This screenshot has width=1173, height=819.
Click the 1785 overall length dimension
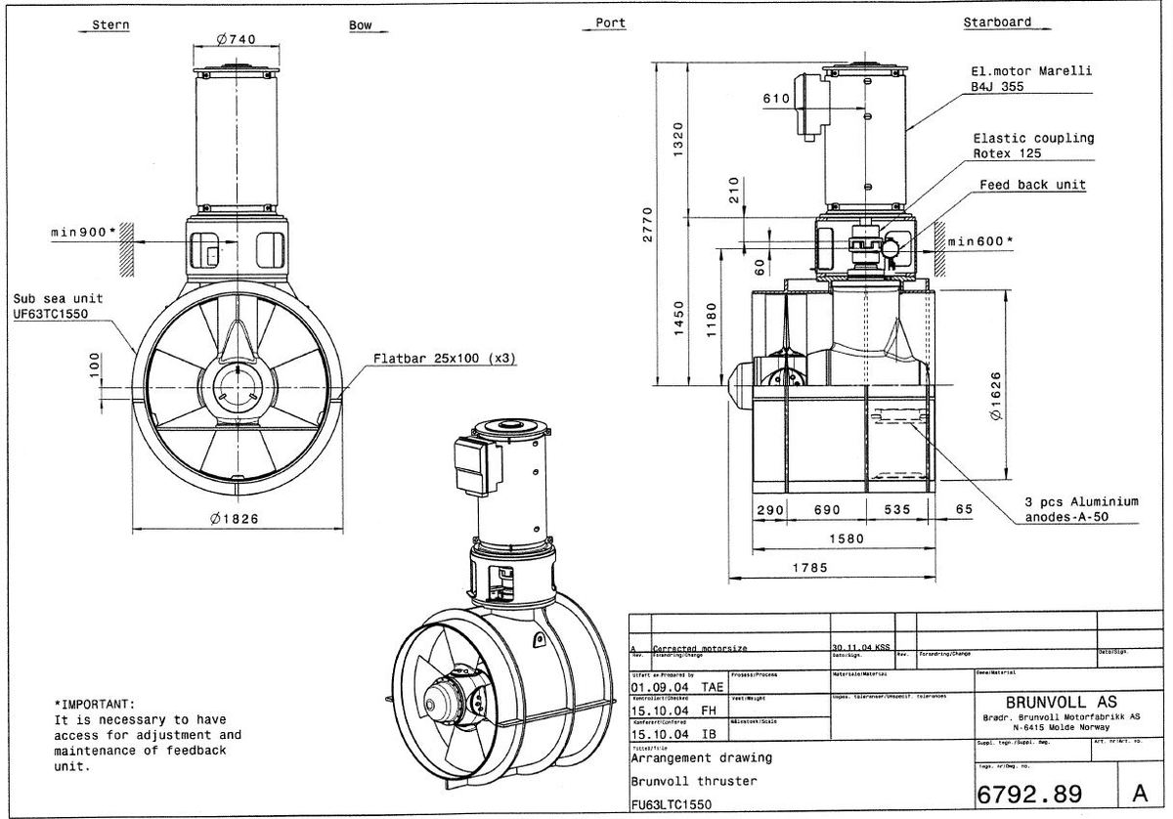(x=809, y=567)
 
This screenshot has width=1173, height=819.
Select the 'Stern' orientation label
(x=109, y=24)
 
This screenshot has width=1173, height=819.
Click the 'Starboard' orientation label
(x=996, y=22)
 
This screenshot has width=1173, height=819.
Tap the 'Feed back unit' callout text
(x=1032, y=185)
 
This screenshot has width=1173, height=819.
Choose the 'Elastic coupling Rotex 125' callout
(x=1032, y=146)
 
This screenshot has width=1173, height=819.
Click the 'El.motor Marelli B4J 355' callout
(x=1029, y=79)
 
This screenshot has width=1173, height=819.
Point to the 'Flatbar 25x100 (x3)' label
(x=445, y=359)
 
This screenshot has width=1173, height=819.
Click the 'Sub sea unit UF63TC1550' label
(x=58, y=305)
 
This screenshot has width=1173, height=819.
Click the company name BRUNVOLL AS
(x=1046, y=701)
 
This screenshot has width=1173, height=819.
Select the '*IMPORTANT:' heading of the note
(x=95, y=704)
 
